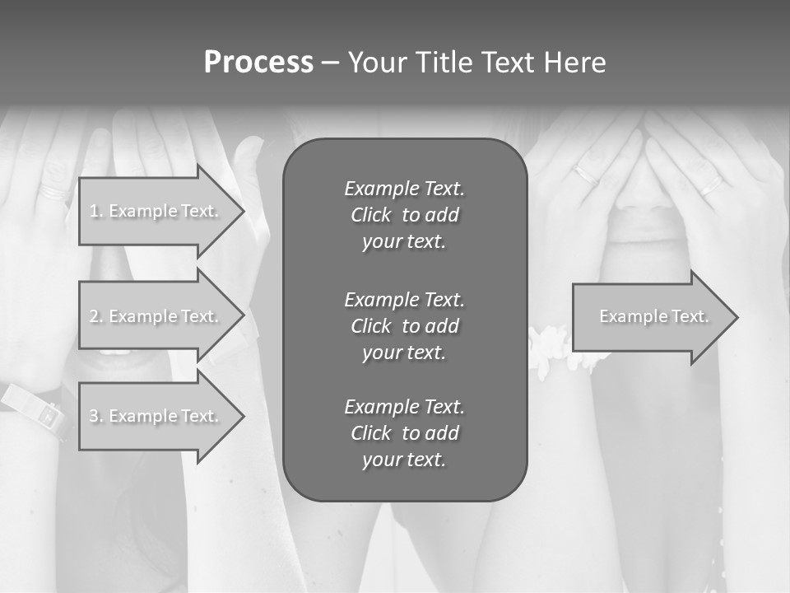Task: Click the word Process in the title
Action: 258,63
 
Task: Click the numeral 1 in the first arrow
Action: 94,211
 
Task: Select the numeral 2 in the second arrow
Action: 94,316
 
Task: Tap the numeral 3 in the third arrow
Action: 94,416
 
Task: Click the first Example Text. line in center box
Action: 404,189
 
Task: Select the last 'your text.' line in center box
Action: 404,460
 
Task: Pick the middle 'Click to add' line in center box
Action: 404,326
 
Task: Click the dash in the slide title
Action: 330,63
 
